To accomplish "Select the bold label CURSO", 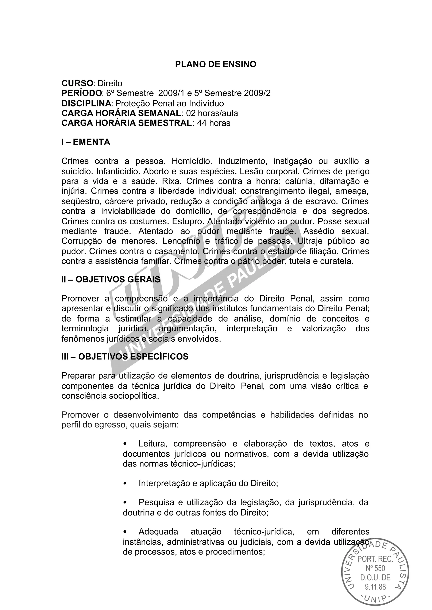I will point(77,83).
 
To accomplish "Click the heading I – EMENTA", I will point(86,142).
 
